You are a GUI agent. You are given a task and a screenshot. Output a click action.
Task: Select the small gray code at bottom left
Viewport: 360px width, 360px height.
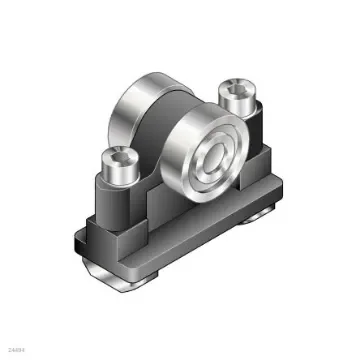pos(14,349)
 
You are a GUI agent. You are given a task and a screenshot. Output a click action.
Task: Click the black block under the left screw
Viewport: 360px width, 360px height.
pos(112,210)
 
